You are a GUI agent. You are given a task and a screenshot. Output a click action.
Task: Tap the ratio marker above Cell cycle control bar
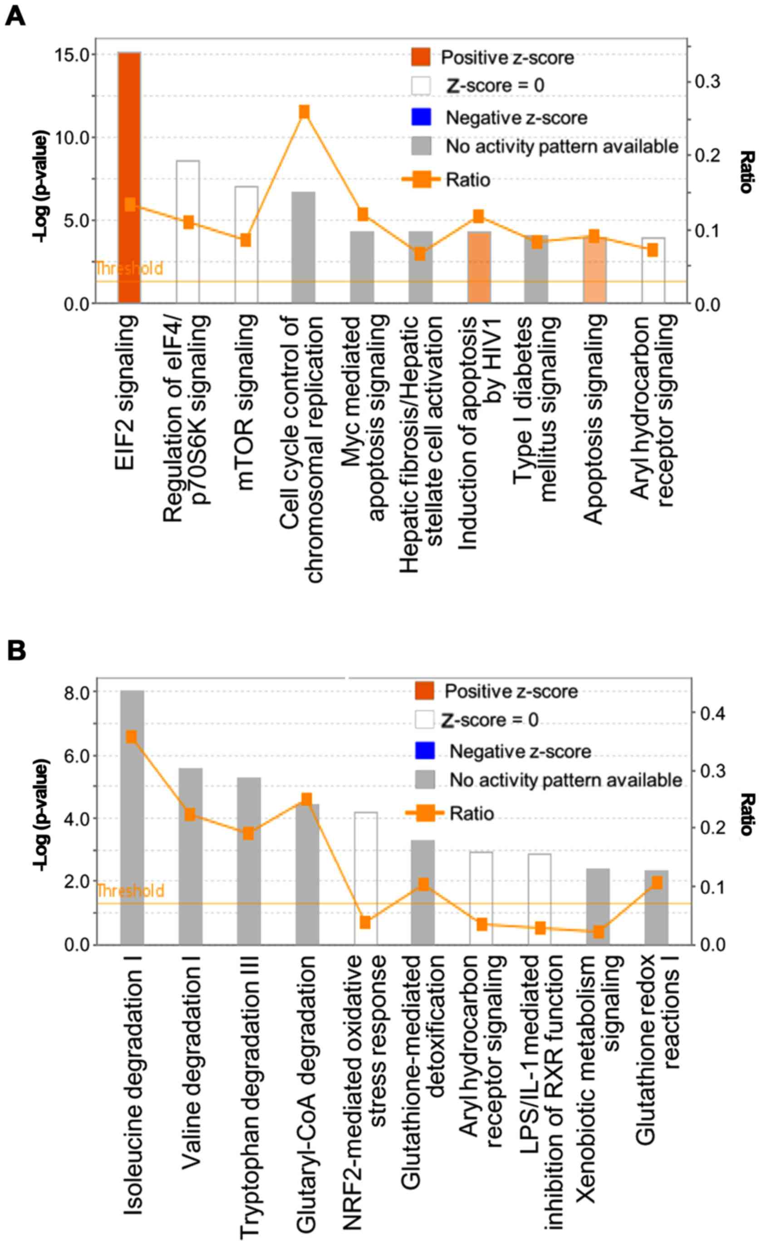tap(304, 112)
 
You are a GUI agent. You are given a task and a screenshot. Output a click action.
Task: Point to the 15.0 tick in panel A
tap(71, 54)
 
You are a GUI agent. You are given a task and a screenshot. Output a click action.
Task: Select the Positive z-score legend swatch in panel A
tap(421, 57)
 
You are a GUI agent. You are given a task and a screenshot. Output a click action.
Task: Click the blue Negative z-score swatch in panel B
tap(424, 751)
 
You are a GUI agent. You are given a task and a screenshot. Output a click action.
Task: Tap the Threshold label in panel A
tap(129, 268)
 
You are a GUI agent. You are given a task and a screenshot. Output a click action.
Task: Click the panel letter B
tap(16, 651)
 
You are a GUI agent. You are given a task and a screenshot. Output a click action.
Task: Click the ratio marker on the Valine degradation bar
tap(190, 814)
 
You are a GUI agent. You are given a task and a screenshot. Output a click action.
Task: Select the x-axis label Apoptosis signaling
tap(594, 419)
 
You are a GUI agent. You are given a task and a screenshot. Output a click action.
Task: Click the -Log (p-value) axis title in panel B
tap(40, 814)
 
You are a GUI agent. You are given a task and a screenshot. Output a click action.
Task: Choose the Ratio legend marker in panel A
tap(421, 180)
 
